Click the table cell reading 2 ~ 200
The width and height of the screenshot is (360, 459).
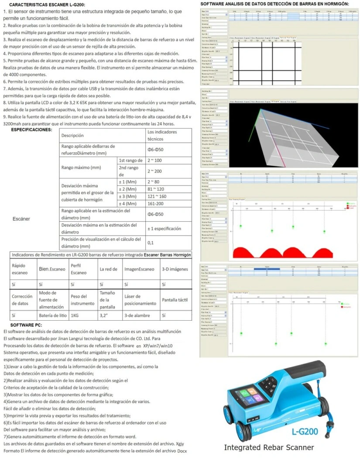[154, 171]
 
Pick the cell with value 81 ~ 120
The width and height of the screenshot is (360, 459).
[156, 189]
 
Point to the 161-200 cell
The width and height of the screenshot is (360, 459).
[156, 203]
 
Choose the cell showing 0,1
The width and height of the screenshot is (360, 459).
[151, 242]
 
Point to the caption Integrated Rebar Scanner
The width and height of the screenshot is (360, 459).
[269, 447]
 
